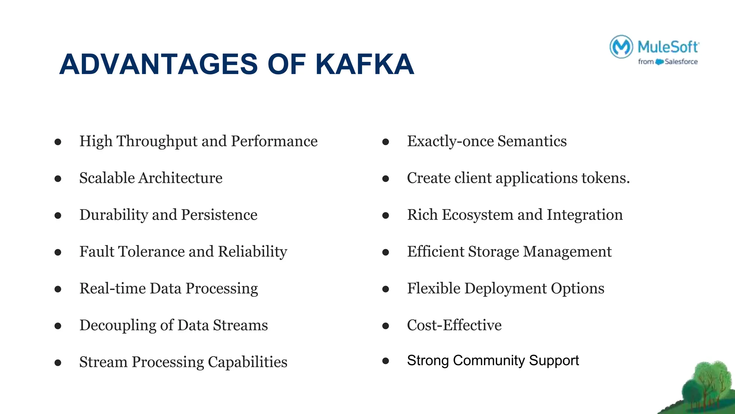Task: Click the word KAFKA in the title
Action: tap(365, 64)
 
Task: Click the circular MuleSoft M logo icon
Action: tap(621, 47)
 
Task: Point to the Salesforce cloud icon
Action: tap(659, 62)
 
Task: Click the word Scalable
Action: tap(107, 178)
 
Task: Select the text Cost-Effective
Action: tap(454, 325)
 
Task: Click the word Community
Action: tap(489, 360)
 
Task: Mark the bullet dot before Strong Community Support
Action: tap(386, 360)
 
